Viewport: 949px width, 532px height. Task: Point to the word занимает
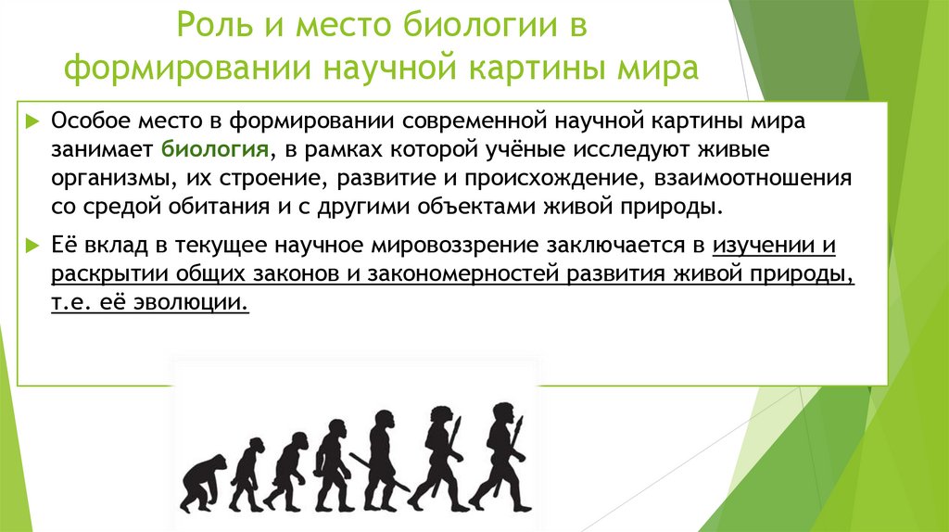[x=104, y=149]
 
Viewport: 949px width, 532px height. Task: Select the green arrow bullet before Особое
[x=33, y=122]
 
